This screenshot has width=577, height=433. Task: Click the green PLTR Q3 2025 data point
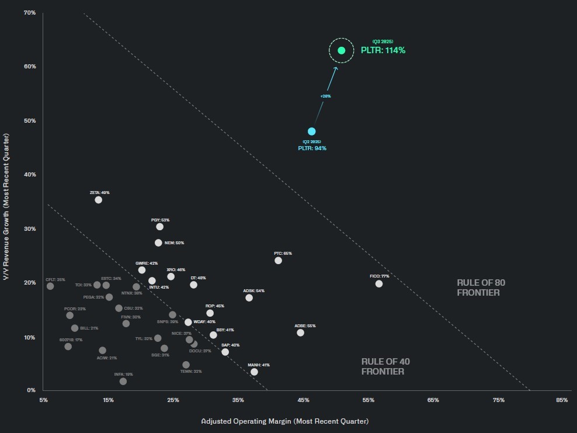[342, 50]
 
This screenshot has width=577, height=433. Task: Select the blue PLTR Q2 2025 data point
[312, 131]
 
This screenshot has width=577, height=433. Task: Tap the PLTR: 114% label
[383, 50]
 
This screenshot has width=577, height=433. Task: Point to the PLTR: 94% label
[312, 148]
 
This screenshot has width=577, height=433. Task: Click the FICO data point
[379, 284]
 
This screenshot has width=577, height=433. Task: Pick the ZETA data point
[98, 200]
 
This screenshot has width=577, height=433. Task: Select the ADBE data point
[300, 332]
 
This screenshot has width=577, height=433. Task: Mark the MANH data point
[254, 372]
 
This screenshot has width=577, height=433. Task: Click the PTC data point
[278, 261]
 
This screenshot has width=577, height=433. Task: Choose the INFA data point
[123, 382]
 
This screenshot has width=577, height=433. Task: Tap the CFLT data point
[50, 286]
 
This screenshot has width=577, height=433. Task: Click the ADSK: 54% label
[254, 290]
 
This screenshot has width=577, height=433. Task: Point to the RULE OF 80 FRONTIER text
[481, 287]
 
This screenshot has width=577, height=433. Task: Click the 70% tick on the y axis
[30, 12]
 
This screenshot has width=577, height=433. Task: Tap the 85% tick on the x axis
[562, 400]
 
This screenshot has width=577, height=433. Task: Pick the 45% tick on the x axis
[303, 400]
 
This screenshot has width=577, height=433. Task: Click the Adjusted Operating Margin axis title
[285, 421]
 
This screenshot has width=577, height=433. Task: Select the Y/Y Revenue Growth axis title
[7, 206]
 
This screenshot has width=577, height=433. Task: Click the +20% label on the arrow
[326, 96]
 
